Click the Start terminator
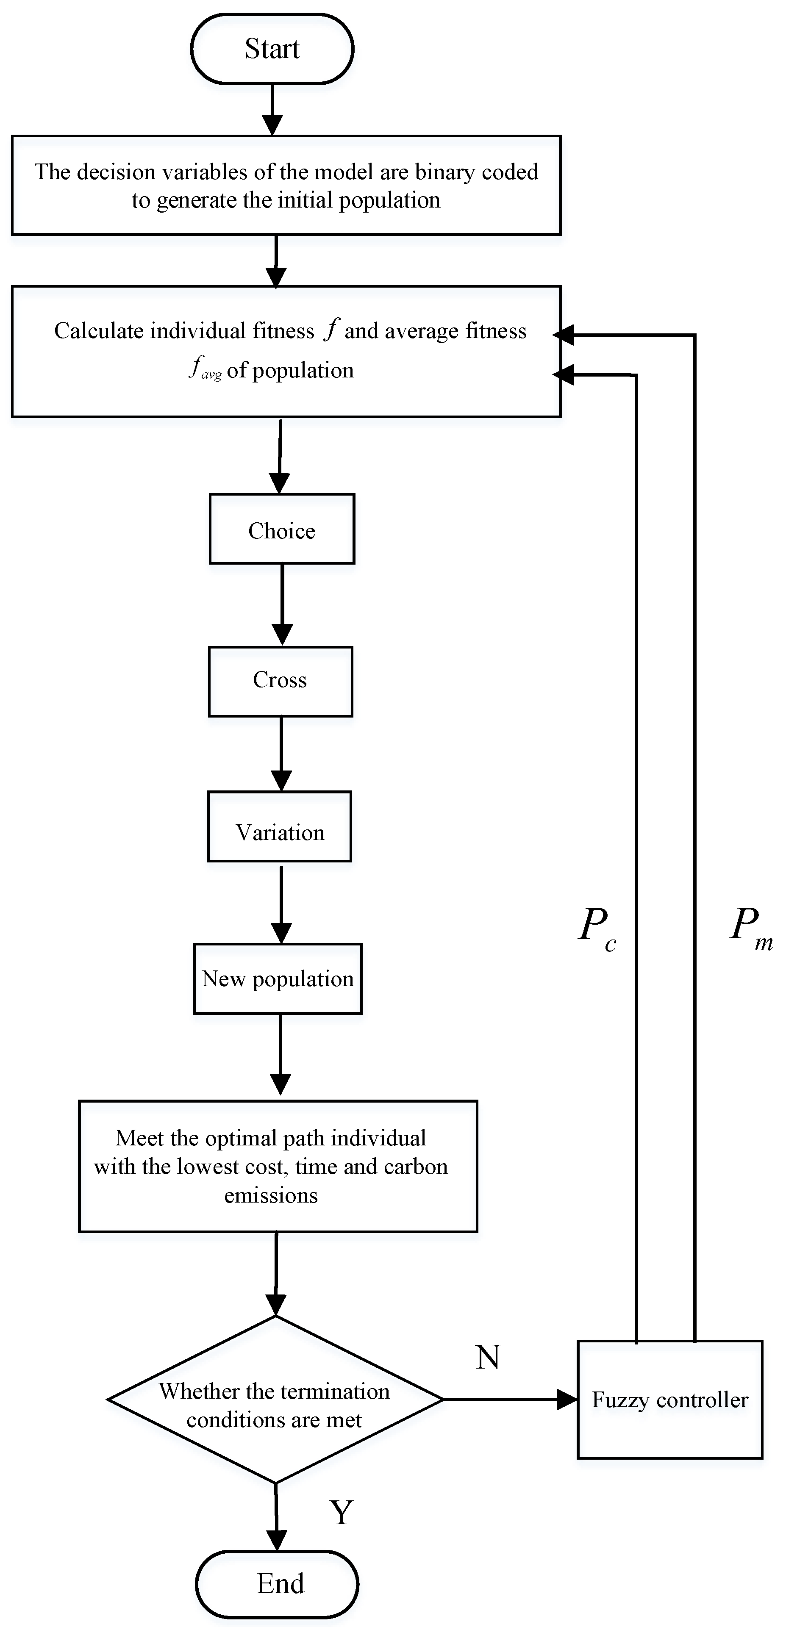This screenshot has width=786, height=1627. (x=272, y=49)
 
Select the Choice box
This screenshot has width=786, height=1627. (x=282, y=529)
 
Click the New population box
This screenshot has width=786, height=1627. (x=278, y=979)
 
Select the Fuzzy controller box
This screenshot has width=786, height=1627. (x=670, y=1400)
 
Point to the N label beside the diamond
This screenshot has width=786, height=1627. (x=488, y=1357)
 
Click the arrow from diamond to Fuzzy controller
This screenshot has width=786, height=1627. (x=508, y=1400)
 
